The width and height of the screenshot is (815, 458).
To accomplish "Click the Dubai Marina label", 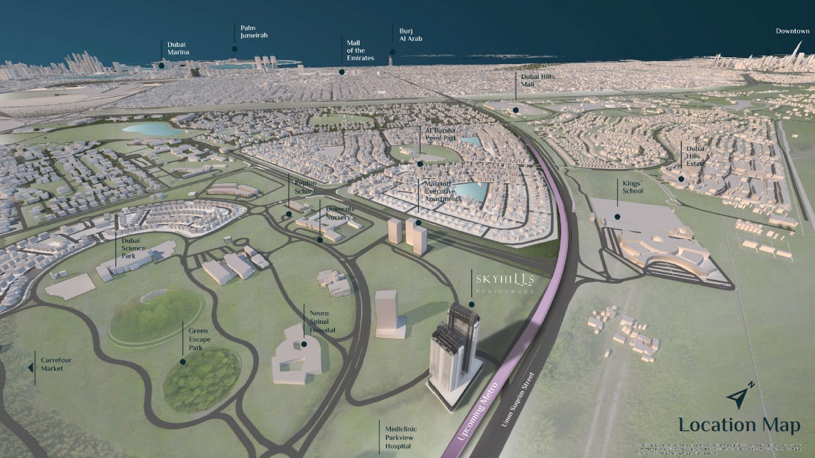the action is tap(179, 48).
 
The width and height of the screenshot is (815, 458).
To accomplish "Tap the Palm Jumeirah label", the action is tap(253, 31).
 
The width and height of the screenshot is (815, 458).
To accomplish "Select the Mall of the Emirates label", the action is tap(360, 50).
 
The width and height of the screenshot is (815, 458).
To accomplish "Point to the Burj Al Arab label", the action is tap(410, 34).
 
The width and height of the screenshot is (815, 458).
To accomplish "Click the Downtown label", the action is tap(792, 31).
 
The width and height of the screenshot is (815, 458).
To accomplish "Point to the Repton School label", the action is tap(305, 187).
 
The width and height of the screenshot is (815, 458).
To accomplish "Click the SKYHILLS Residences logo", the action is tap(505, 282).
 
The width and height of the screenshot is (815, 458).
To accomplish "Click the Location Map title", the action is tap(738, 425).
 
